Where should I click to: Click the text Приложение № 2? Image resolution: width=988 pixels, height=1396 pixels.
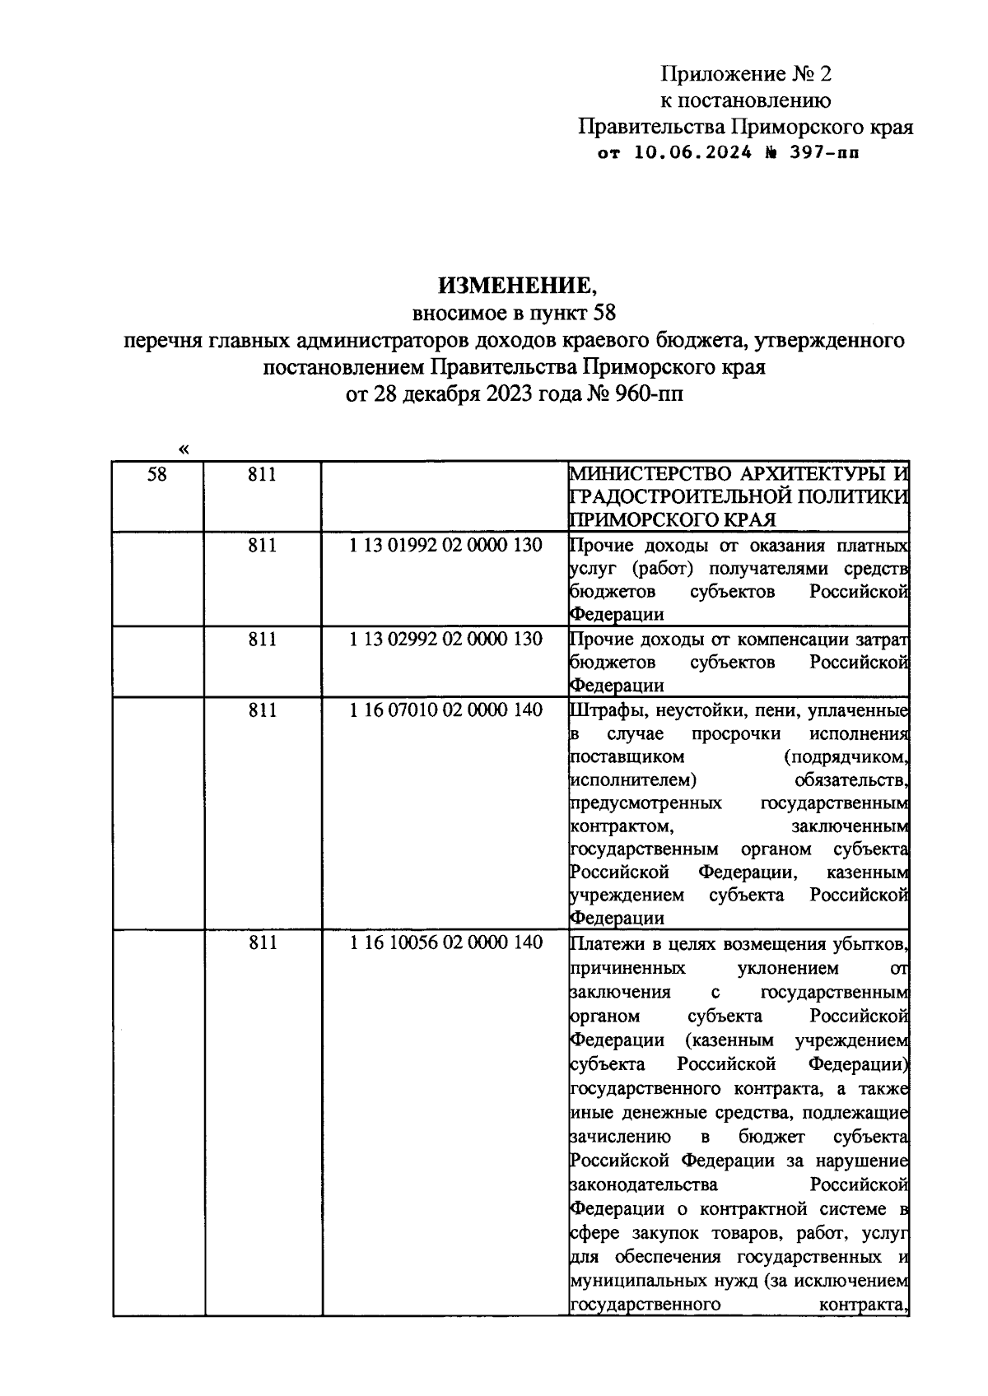[x=746, y=74]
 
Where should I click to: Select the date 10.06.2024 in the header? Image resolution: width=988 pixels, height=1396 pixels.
[x=692, y=153]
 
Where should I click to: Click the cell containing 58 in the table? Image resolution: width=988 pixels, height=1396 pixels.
[x=156, y=475]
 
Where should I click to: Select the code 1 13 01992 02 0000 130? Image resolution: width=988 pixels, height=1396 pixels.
[x=445, y=545]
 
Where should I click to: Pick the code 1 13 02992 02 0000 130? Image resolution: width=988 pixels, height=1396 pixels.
[x=445, y=639]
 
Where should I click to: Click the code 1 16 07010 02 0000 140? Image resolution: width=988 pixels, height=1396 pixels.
[x=445, y=710]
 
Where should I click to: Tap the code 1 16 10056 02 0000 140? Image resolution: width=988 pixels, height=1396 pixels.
[x=445, y=943]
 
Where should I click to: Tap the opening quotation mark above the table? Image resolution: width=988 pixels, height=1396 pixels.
[x=183, y=449]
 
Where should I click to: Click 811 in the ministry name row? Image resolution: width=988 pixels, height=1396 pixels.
[x=262, y=475]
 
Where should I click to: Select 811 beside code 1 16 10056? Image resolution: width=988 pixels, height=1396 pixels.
[x=262, y=943]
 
